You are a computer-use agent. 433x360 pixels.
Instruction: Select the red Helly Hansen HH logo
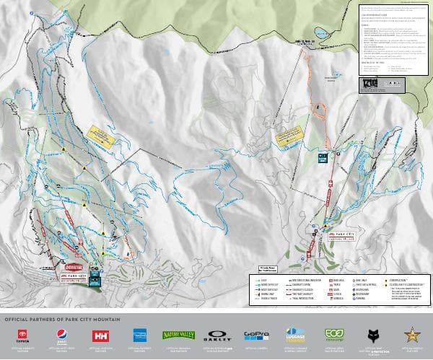(x=100, y=335)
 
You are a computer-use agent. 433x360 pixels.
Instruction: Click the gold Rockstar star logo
(x=413, y=335)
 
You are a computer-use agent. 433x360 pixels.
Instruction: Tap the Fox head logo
(x=373, y=335)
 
